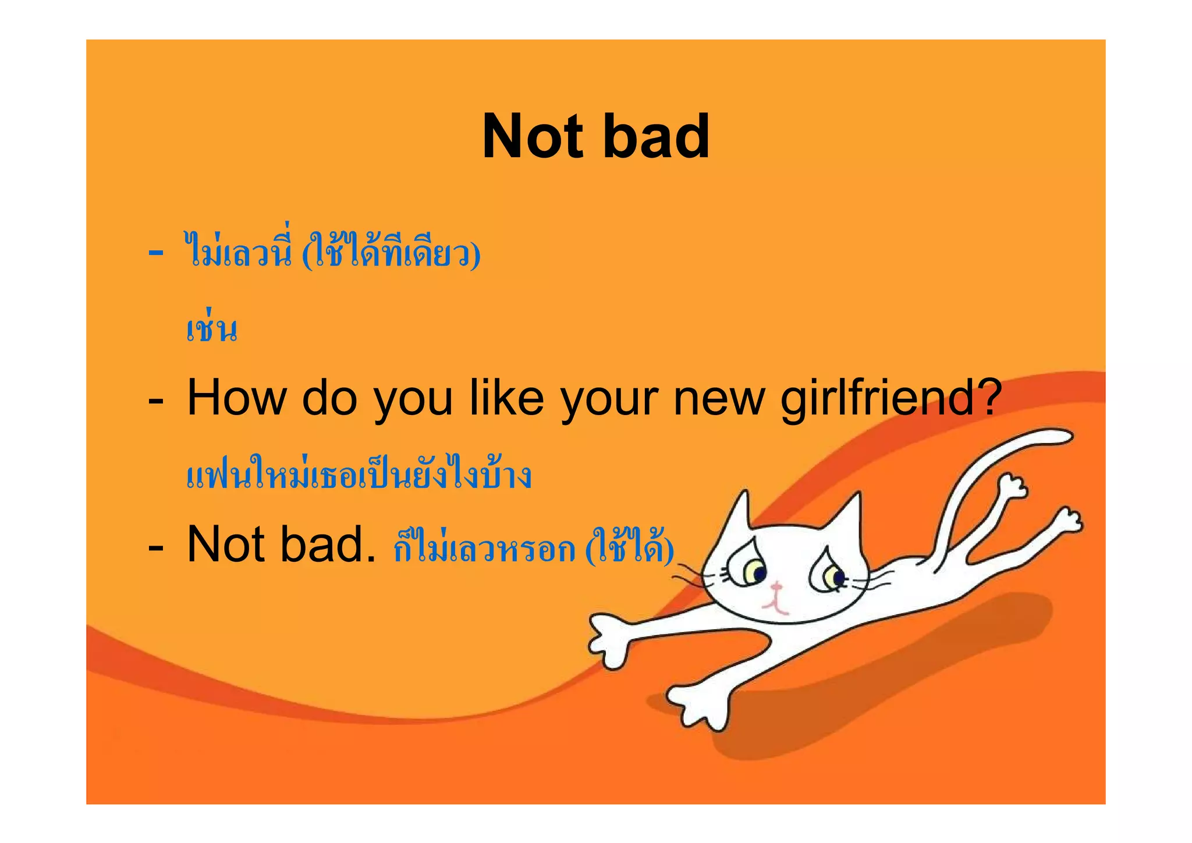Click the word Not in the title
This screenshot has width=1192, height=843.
(533, 137)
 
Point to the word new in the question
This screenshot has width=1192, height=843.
(719, 399)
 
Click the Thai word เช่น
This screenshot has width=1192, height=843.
(212, 328)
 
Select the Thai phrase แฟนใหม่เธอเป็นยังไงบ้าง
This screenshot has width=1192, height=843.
(359, 474)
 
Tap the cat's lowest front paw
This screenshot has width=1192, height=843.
(698, 704)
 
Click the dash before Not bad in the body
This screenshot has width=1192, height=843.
(155, 547)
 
